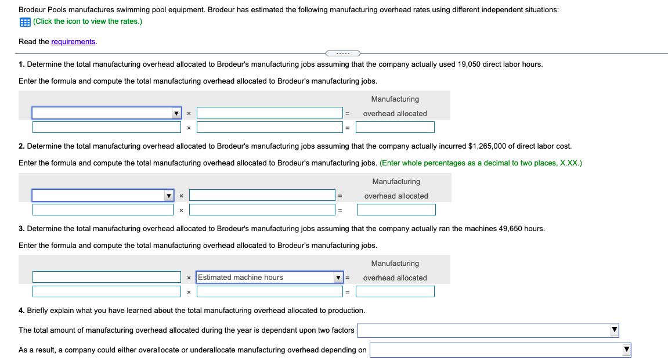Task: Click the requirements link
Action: (73, 42)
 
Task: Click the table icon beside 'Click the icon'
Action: (25, 21)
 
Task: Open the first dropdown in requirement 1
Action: (107, 113)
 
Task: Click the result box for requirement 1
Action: (395, 127)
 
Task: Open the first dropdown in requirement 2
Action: (103, 196)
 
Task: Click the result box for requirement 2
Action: (396, 210)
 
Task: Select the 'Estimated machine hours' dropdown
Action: (270, 278)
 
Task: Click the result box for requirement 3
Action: (395, 291)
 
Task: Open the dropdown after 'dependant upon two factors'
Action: (488, 330)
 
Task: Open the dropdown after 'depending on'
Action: (500, 350)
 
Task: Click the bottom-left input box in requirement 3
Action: (107, 291)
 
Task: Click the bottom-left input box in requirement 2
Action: (103, 210)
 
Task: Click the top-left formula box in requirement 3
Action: (107, 278)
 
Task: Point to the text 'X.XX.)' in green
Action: (570, 163)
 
